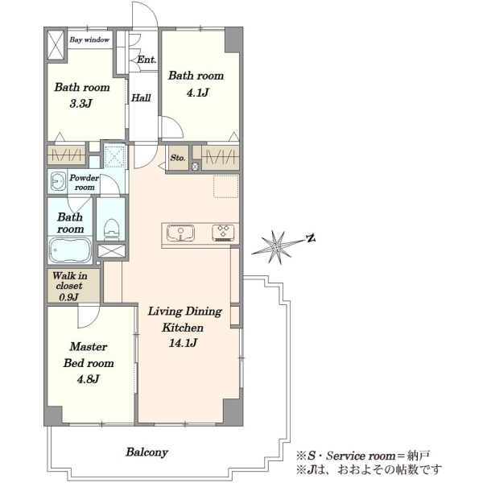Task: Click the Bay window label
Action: click(89, 39)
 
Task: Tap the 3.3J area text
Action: click(80, 104)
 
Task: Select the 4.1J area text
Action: click(197, 92)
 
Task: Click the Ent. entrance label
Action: click(147, 60)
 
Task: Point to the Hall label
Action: click(141, 98)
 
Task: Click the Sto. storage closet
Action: click(179, 158)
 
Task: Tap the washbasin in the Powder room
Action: click(58, 181)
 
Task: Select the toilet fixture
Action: click(111, 229)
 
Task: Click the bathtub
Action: click(71, 250)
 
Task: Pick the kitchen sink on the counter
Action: click(180, 233)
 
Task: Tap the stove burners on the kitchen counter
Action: click(223, 233)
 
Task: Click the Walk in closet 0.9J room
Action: click(73, 286)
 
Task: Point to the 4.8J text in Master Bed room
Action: click(88, 379)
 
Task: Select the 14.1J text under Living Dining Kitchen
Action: click(183, 343)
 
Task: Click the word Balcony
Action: click(147, 452)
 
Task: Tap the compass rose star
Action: click(276, 247)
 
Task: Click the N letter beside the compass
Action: click(311, 238)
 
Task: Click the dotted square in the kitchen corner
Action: click(226, 187)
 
